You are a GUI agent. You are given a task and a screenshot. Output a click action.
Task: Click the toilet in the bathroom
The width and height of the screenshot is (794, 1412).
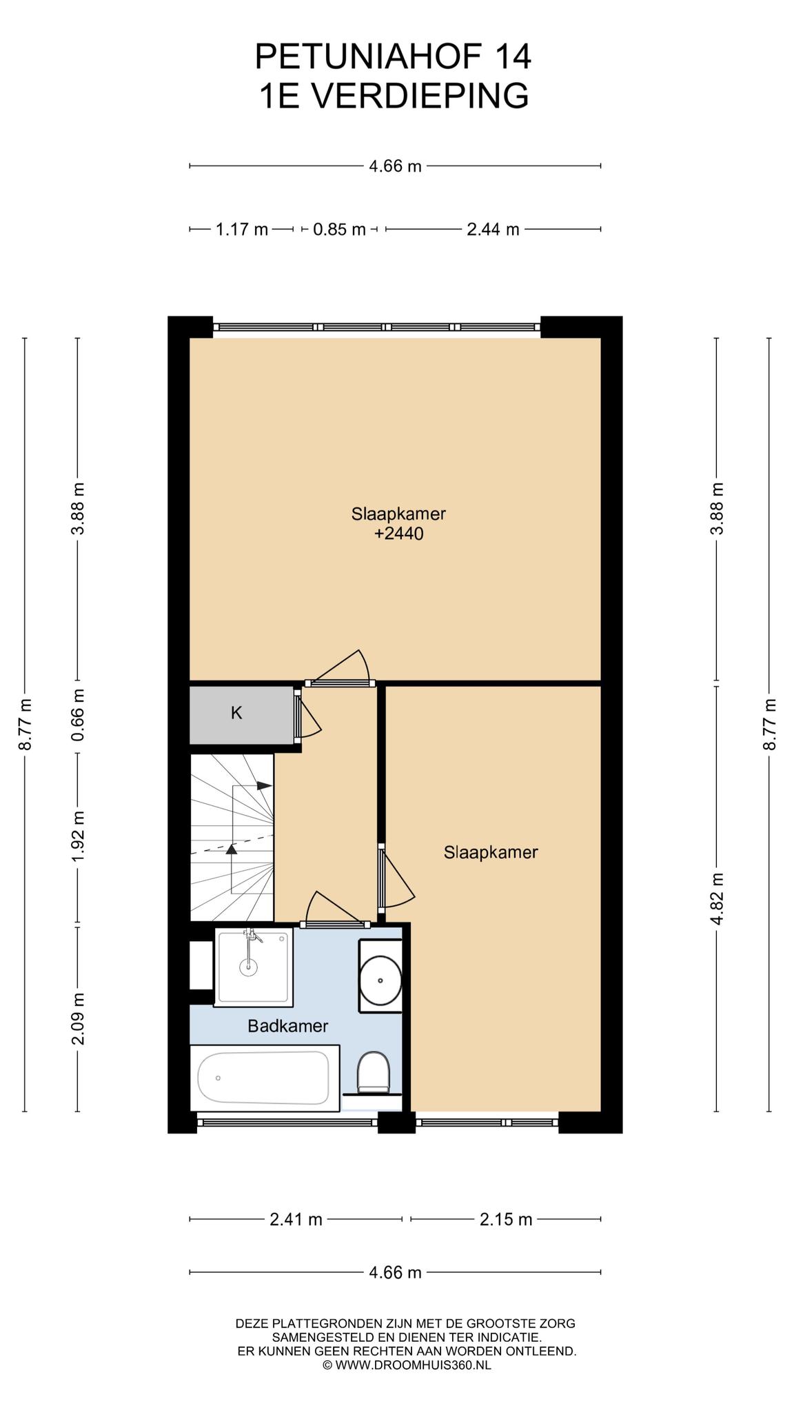pos(374,1073)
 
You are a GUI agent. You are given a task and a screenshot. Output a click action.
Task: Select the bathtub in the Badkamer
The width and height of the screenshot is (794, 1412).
pos(265,1078)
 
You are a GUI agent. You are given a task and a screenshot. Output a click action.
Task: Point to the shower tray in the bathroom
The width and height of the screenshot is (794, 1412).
pos(253,967)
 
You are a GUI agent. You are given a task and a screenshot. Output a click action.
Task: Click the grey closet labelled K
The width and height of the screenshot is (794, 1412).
pos(242,715)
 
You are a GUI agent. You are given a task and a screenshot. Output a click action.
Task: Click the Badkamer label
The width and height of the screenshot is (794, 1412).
pos(288,1026)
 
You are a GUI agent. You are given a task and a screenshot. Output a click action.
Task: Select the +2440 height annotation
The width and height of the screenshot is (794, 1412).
pos(398,533)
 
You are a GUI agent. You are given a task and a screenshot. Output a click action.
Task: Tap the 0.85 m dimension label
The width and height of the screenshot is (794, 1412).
pos(339,229)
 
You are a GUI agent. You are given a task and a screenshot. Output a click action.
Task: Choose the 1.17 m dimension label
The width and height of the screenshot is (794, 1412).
pos(242,229)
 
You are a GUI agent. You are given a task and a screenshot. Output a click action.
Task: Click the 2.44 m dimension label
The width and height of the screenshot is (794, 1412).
pos(493,229)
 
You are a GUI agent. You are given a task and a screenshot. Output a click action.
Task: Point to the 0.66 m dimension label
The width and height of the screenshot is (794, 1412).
pos(78,715)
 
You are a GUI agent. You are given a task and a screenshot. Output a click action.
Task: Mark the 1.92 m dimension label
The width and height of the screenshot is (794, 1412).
pos(78,836)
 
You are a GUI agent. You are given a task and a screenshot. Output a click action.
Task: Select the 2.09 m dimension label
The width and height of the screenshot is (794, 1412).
pos(78,1018)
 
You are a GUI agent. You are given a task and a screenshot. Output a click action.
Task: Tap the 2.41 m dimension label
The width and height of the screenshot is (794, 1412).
pos(296,1219)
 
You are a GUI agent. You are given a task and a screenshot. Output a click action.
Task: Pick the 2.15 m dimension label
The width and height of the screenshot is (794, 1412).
pos(506,1219)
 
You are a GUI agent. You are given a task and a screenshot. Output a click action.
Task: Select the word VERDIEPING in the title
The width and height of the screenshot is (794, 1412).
pos(421,96)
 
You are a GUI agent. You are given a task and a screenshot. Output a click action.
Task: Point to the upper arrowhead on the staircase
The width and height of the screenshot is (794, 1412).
pos(264,785)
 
